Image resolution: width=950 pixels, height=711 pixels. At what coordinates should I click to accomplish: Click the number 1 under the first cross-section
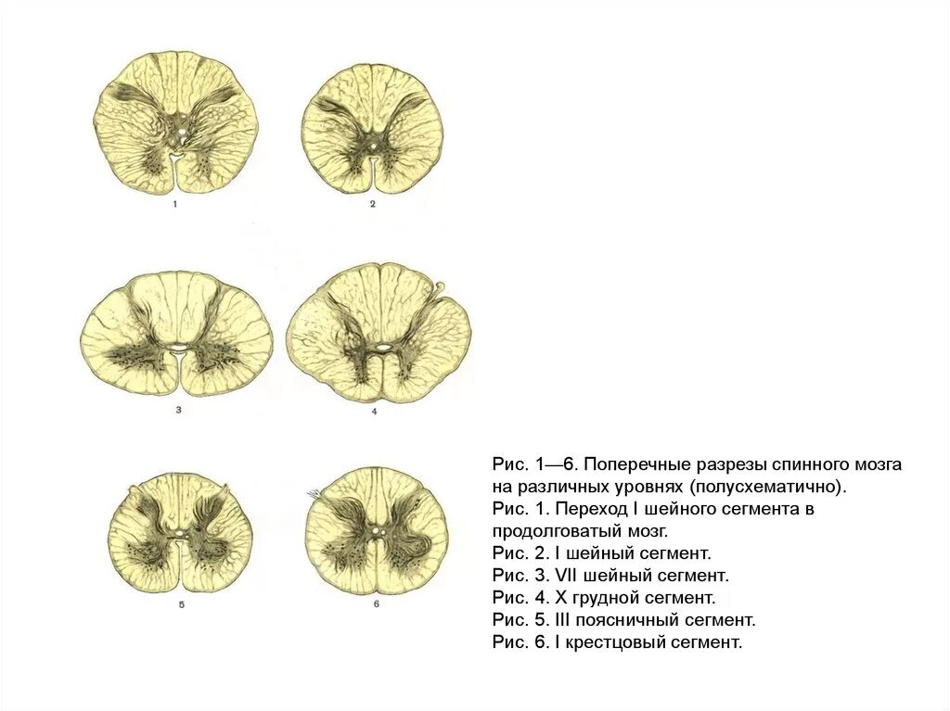tap(174, 205)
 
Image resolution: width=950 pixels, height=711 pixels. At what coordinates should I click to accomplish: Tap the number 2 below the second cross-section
tap(372, 204)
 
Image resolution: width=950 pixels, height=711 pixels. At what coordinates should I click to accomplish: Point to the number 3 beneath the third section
tap(177, 409)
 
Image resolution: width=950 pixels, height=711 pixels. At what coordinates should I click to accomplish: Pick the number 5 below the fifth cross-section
tap(182, 604)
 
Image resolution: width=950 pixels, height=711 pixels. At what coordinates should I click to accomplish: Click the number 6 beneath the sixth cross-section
tap(377, 604)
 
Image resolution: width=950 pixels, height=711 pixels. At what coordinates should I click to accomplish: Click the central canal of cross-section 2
tap(372, 146)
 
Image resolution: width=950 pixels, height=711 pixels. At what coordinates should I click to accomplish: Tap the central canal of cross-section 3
tap(176, 349)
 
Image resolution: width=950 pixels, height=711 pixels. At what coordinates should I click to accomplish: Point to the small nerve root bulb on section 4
tap(440, 286)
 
